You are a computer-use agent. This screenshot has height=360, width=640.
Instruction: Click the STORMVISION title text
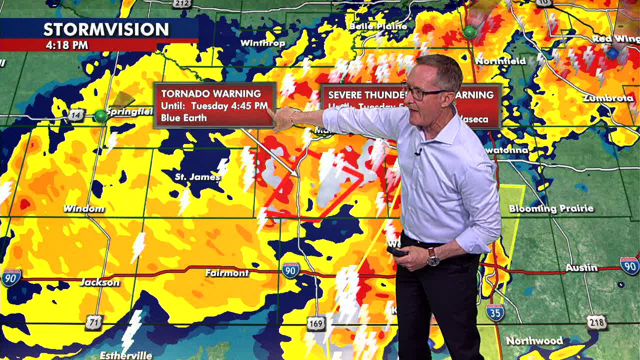click(106, 29)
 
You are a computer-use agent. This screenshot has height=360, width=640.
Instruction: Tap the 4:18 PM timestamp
click(67, 45)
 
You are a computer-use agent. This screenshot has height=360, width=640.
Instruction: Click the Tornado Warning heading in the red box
click(210, 93)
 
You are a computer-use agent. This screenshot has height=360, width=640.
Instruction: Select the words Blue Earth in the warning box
click(184, 118)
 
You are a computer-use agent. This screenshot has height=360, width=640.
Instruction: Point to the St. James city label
click(197, 177)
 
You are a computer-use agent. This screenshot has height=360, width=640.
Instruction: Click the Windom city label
click(84, 208)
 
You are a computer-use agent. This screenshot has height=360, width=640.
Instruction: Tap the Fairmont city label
click(226, 273)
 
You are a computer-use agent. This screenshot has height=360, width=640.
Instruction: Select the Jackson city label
click(100, 282)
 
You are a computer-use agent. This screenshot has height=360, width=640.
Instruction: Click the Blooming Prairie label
click(551, 208)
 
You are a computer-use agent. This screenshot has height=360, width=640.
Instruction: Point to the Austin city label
click(581, 268)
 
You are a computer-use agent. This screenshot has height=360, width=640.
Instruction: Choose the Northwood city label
click(534, 341)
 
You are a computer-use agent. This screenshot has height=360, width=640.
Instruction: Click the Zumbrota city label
click(608, 98)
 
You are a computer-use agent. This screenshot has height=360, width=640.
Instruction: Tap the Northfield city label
click(500, 61)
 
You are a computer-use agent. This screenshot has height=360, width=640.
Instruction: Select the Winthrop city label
click(262, 43)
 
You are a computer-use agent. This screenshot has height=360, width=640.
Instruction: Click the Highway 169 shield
click(316, 324)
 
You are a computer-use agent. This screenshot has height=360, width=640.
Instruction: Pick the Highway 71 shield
click(93, 322)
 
